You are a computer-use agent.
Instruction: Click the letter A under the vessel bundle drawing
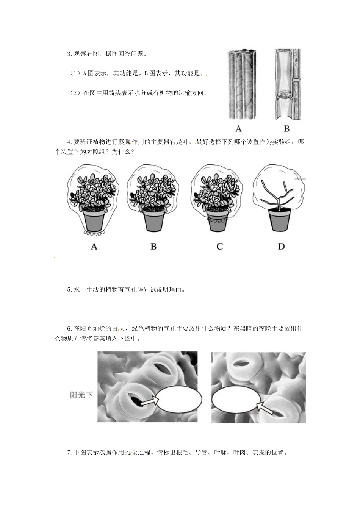point(238,129)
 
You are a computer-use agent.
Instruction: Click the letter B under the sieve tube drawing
point(286,129)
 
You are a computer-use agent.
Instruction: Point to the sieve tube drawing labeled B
point(287,84)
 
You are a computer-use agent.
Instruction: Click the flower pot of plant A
point(94,221)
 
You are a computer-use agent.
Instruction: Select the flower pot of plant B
point(154,221)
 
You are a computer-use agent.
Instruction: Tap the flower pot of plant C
point(218,221)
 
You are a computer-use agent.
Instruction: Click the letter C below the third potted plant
point(219,247)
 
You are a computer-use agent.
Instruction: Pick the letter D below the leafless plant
point(281,247)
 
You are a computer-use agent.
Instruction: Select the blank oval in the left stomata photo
point(178,400)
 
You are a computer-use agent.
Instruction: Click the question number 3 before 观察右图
point(69,54)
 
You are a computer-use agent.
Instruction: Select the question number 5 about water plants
point(69,290)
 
